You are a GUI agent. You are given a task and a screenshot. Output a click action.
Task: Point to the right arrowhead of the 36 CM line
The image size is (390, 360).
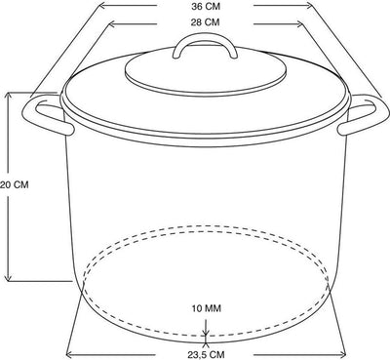pyautogui.click(x=311, y=5)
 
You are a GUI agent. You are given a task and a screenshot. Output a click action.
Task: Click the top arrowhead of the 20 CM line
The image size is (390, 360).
pyautogui.click(x=9, y=95)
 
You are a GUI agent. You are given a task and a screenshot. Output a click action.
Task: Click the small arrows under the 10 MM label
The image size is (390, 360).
pyautogui.click(x=206, y=337)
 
